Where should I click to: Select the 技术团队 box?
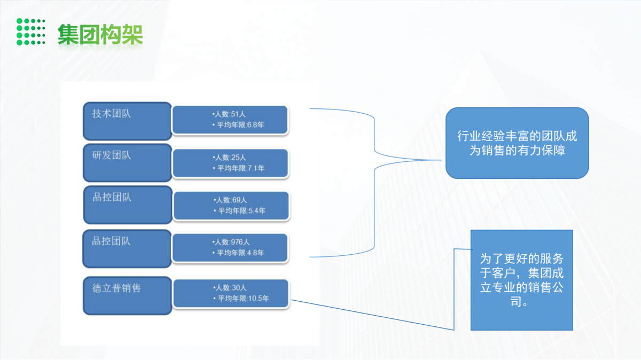(127, 121)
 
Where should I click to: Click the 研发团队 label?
(112, 156)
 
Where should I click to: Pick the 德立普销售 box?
(127, 295)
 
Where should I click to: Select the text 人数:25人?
(230, 158)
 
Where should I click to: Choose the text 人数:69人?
(230, 200)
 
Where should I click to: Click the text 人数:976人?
(231, 242)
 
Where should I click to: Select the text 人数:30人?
(230, 287)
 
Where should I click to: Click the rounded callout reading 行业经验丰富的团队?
(517, 143)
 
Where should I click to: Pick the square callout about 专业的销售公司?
(521, 280)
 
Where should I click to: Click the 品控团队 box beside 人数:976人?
(127, 248)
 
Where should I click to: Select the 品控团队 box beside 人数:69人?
(127, 205)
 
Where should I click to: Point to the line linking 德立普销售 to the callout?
(374, 315)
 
